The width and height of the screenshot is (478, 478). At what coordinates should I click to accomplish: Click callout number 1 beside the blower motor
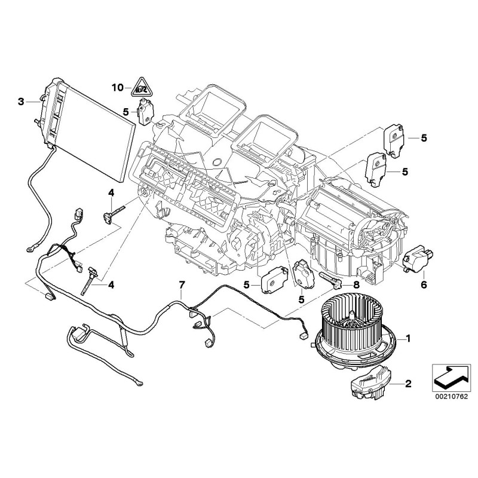[x=408, y=339]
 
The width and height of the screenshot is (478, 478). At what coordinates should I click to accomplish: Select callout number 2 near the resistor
[x=408, y=384]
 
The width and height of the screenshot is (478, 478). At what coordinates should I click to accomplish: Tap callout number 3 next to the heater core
[x=22, y=102]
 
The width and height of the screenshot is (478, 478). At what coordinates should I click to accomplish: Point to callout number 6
[x=424, y=285]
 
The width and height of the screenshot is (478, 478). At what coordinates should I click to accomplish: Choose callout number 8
[x=357, y=285]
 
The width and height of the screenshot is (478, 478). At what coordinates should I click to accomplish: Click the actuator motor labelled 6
[x=415, y=261]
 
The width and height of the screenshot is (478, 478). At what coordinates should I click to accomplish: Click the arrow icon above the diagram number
[x=448, y=374]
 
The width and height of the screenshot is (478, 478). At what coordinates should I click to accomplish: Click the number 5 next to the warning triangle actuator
[x=125, y=111]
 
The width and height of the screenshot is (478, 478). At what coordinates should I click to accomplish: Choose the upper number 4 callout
[x=111, y=192]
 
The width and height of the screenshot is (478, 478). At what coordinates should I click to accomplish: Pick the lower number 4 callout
[x=111, y=285]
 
